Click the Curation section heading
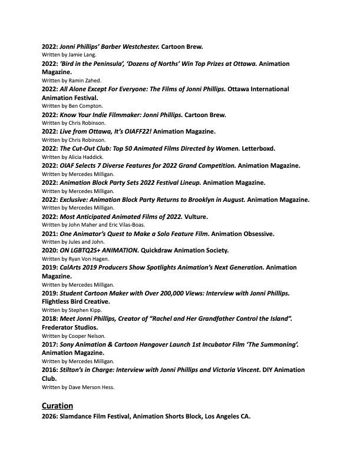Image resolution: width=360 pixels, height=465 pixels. (57, 406)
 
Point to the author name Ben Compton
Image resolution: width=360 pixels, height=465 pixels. (76, 106)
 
